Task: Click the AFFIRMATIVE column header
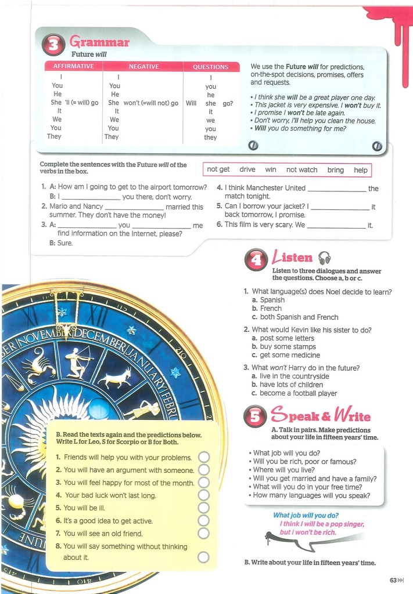pyautogui.click(x=73, y=67)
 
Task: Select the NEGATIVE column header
pyautogui.click(x=143, y=67)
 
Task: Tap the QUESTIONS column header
pyautogui.click(x=210, y=67)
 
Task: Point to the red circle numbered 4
pyautogui.click(x=256, y=260)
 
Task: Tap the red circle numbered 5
pyautogui.click(x=255, y=416)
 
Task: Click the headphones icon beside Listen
pyautogui.click(x=324, y=258)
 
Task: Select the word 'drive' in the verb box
pyautogui.click(x=247, y=170)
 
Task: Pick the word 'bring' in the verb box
pyautogui.click(x=335, y=170)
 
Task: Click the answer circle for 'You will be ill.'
pyautogui.click(x=203, y=508)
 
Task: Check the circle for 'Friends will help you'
pyautogui.click(x=203, y=457)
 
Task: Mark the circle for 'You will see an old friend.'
pyautogui.click(x=203, y=534)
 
